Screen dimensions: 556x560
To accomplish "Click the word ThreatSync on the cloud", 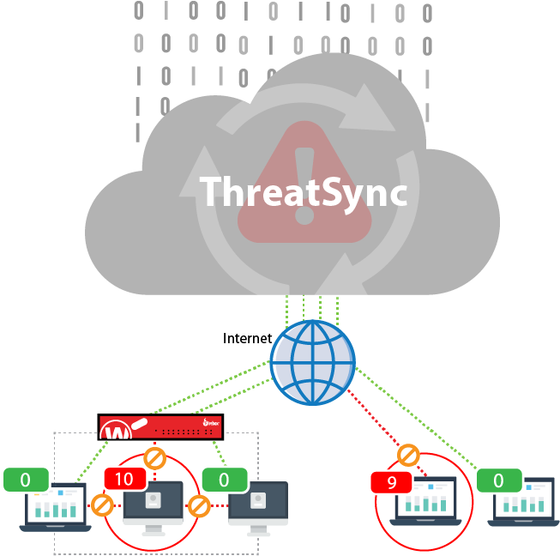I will (x=304, y=192).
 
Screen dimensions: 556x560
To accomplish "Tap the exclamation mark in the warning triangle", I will (x=304, y=185).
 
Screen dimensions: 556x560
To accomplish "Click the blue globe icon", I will (x=312, y=363).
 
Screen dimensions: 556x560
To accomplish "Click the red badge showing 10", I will (x=124, y=480).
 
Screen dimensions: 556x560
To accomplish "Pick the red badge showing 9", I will (x=391, y=482).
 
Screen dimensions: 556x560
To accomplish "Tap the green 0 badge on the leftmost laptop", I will (x=25, y=480).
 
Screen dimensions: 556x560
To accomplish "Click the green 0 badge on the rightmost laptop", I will (x=498, y=480).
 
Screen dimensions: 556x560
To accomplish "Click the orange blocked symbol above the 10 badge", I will (x=154, y=457).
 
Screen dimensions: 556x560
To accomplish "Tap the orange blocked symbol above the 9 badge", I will (x=408, y=454).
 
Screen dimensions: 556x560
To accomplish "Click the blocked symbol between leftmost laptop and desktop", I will (x=101, y=505).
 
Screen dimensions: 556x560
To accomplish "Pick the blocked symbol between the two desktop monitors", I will (x=199, y=506).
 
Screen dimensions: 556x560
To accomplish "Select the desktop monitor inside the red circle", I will (x=153, y=503).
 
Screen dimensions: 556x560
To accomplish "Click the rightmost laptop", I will (x=524, y=499).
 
